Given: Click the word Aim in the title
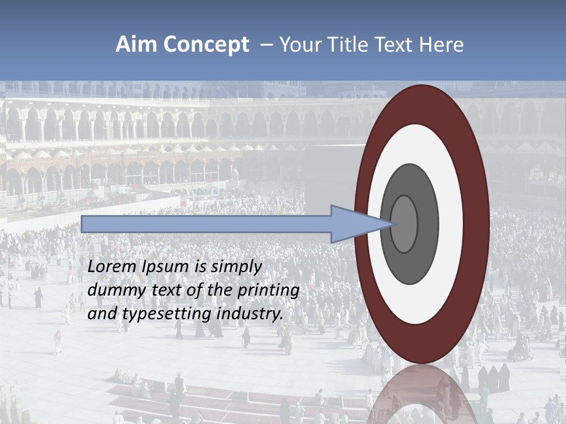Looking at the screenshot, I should click(134, 45).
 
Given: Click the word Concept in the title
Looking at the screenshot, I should click(204, 45).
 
